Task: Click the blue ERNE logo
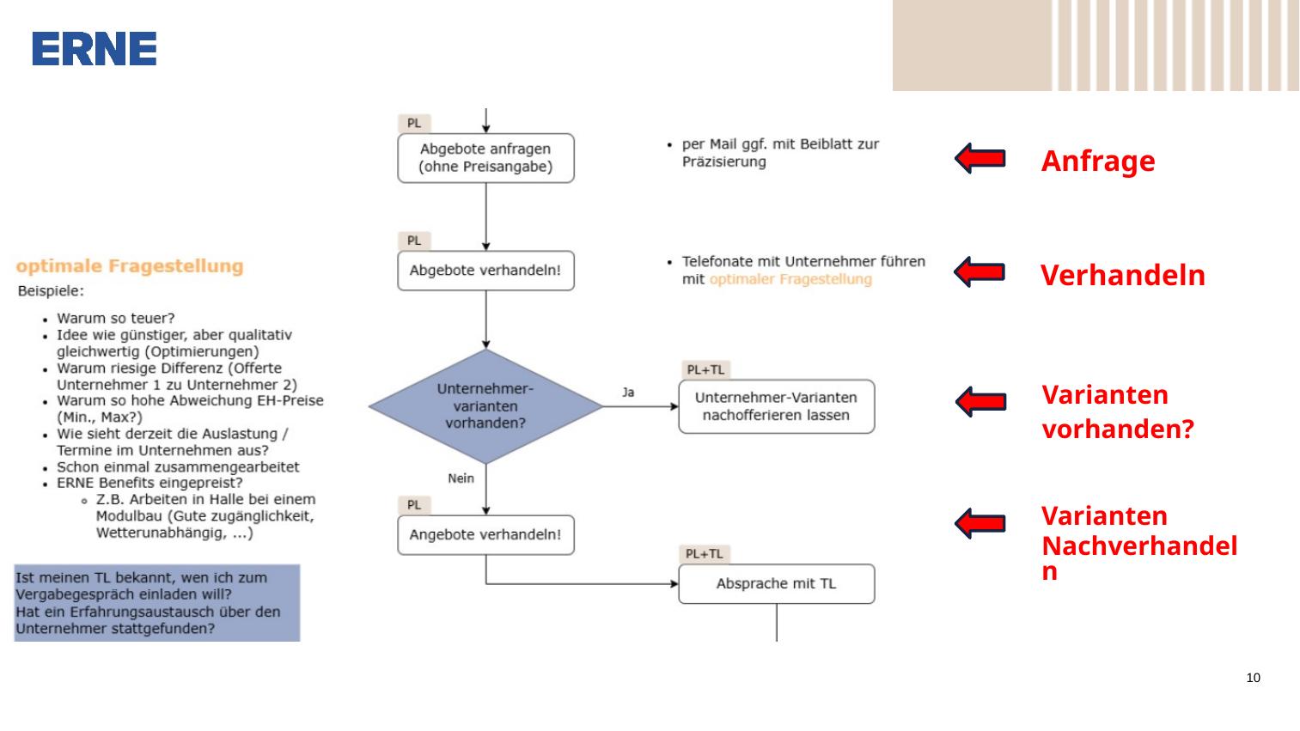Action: coord(94,49)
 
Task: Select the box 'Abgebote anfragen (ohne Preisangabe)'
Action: coord(485,158)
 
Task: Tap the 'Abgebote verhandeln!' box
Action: coord(485,271)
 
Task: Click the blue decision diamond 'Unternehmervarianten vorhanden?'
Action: coord(485,406)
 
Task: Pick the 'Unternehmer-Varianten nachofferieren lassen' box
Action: coord(777,406)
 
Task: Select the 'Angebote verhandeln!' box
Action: coord(485,535)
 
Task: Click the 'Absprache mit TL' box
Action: coord(777,583)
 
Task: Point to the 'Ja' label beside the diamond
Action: coord(628,393)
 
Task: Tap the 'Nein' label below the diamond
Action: coord(461,478)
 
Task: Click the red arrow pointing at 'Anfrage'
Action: coord(980,158)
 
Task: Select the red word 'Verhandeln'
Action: coord(1122,275)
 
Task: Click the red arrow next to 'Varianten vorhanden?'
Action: coord(981,401)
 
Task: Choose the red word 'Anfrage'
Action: coord(1098,161)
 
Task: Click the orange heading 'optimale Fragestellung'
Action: coord(130,266)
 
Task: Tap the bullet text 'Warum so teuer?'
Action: coord(115,319)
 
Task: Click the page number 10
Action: coord(1253,678)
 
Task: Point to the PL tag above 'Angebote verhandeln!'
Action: coord(414,505)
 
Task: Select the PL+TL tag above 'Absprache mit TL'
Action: coord(705,554)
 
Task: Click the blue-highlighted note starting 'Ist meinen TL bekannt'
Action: coord(157,603)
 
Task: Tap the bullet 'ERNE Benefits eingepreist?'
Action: coord(150,484)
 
